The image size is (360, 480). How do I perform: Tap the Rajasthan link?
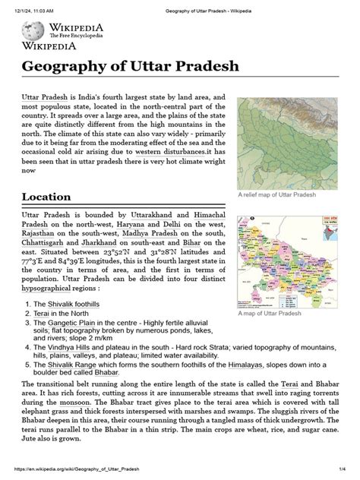pos(43,237)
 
